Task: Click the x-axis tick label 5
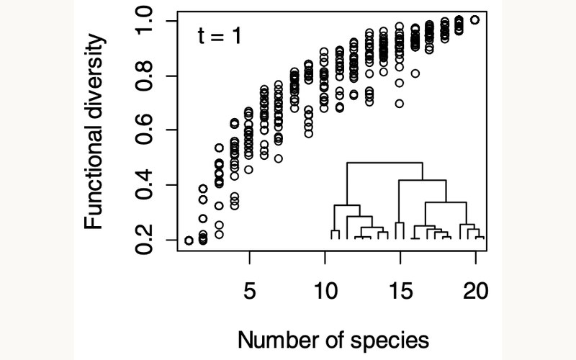(249, 292)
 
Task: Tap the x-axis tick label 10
(325, 292)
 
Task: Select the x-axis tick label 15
(401, 292)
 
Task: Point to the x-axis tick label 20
(476, 292)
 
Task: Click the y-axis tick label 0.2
(144, 240)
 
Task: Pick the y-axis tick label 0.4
(144, 185)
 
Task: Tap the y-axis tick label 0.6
(144, 130)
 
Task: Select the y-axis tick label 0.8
(144, 76)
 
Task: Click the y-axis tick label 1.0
(144, 21)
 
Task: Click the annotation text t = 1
(220, 36)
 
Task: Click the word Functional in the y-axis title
(94, 176)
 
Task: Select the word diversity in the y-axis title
(94, 76)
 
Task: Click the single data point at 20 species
(475, 20)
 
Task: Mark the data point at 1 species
(189, 240)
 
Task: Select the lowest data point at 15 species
(400, 104)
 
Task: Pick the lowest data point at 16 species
(415, 73)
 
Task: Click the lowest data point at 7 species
(279, 158)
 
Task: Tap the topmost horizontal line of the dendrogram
(384, 163)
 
